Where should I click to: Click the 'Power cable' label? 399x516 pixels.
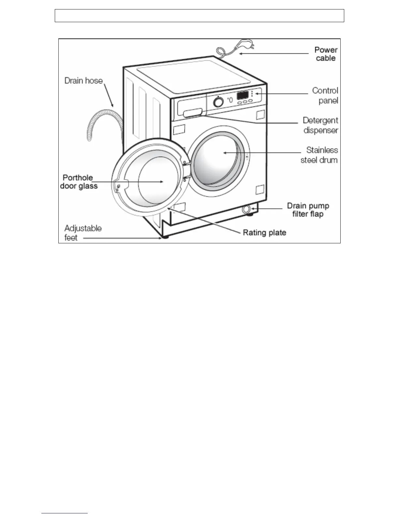[326, 54]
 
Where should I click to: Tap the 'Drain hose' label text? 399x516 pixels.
[83, 81]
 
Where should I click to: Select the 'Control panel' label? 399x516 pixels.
[325, 95]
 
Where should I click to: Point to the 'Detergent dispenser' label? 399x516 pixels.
[320, 125]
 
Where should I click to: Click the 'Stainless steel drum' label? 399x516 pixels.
[319, 155]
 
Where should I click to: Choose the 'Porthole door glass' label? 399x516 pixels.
[79, 182]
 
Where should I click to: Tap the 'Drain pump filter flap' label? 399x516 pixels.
[308, 210]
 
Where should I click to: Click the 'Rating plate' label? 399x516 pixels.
[264, 233]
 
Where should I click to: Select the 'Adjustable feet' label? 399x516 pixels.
[83, 233]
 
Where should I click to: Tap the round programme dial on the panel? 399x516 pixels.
[218, 102]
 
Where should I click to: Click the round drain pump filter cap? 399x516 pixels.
[246, 209]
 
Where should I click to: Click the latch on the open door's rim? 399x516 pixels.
[117, 187]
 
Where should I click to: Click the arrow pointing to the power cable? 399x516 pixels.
[274, 53]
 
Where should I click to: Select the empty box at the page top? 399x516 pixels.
[199, 16]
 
